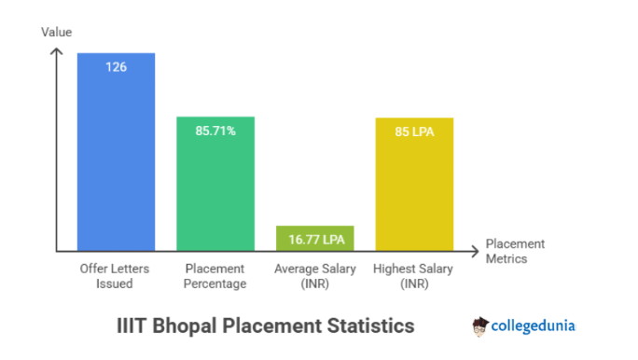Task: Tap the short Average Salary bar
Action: click(315, 239)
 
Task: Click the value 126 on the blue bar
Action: click(116, 67)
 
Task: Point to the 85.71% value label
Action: click(215, 132)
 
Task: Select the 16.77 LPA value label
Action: click(315, 240)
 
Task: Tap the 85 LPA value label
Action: click(414, 132)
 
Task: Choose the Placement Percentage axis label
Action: click(215, 275)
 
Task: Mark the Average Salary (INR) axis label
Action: click(315, 275)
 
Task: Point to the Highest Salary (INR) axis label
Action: click(414, 275)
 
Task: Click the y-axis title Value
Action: click(56, 33)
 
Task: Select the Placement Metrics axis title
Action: click(515, 251)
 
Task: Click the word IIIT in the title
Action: click(132, 326)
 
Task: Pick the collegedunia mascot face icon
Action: click(480, 326)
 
